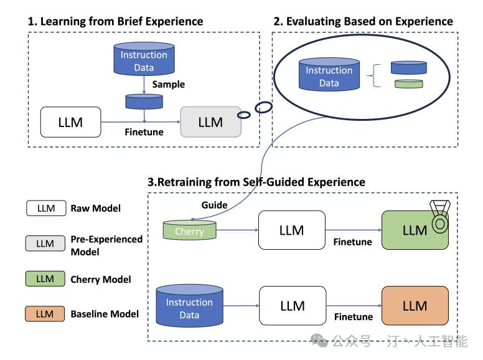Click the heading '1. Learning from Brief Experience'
coord(116,21)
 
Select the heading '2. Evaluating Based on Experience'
coord(363,21)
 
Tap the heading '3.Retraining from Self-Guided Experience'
coord(256,182)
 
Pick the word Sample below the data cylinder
coord(169,84)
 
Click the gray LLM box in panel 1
coord(210,121)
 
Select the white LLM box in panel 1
coord(70,121)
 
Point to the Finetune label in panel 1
coord(144,132)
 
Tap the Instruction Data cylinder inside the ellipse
coord(329,76)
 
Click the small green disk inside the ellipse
coord(408,83)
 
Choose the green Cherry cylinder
coord(189,230)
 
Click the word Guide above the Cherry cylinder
coord(214,205)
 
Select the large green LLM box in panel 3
coord(415,230)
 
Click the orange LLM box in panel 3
coord(415,305)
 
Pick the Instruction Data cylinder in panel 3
coord(189,307)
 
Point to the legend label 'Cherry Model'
coord(101,280)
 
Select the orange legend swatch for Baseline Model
coord(45,314)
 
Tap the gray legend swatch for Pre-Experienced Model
coord(45,244)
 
